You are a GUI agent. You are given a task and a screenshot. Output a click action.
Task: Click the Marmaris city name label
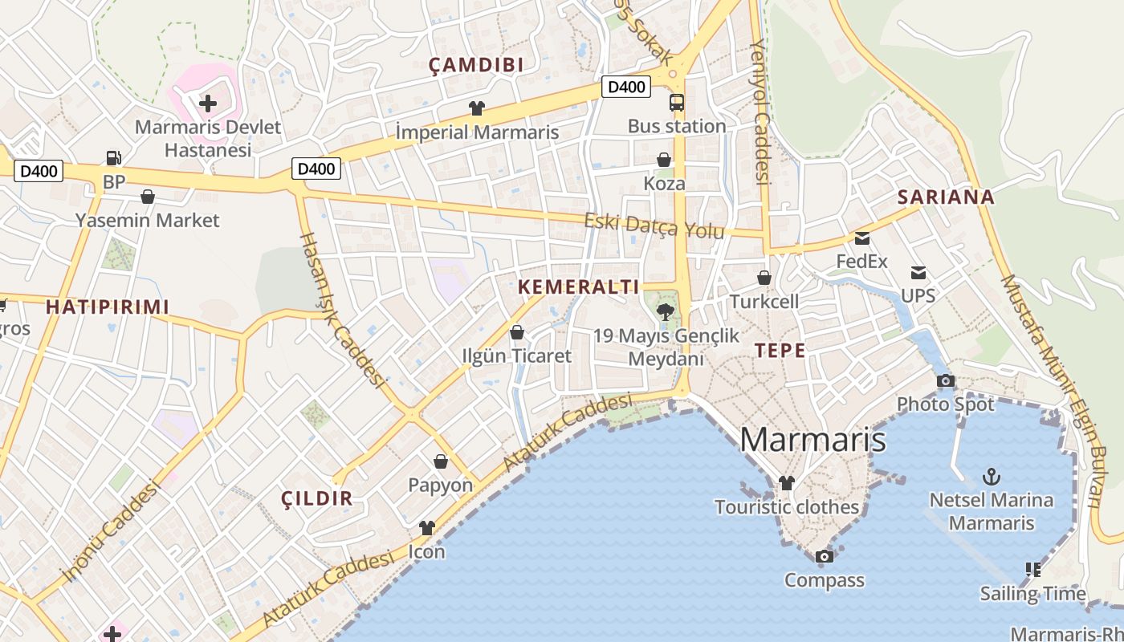point(812,440)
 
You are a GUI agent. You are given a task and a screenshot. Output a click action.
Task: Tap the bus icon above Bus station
point(677,103)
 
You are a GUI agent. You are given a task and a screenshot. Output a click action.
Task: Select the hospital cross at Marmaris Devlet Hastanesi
point(208,103)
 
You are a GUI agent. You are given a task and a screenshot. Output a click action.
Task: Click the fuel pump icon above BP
point(113,158)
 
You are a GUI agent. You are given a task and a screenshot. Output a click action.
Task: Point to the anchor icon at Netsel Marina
point(992,477)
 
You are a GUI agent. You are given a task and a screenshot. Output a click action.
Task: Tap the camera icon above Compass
point(824,556)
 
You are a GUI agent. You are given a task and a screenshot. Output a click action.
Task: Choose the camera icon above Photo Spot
point(946,380)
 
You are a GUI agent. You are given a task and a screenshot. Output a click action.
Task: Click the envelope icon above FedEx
point(862,238)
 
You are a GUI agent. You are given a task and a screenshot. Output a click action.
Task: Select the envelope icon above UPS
point(918,273)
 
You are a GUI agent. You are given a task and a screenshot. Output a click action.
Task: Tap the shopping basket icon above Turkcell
point(764,278)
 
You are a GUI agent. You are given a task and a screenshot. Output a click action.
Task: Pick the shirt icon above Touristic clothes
point(787,483)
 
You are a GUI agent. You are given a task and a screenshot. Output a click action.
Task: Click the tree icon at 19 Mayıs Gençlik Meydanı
point(665,312)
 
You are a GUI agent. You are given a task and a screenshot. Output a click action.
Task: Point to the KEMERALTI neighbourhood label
point(579,286)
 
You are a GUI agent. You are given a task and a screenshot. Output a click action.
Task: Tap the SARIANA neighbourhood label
point(946,197)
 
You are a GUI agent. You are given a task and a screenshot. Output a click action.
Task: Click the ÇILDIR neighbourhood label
point(317,498)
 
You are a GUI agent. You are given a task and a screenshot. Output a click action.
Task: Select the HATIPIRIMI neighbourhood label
point(108,307)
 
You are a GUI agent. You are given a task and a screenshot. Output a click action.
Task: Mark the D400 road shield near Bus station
point(626,87)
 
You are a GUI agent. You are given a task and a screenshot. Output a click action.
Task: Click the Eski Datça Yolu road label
point(654,226)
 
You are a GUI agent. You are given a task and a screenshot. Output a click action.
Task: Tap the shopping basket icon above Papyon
point(441,461)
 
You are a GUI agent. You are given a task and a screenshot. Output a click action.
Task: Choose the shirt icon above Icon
point(426,528)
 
